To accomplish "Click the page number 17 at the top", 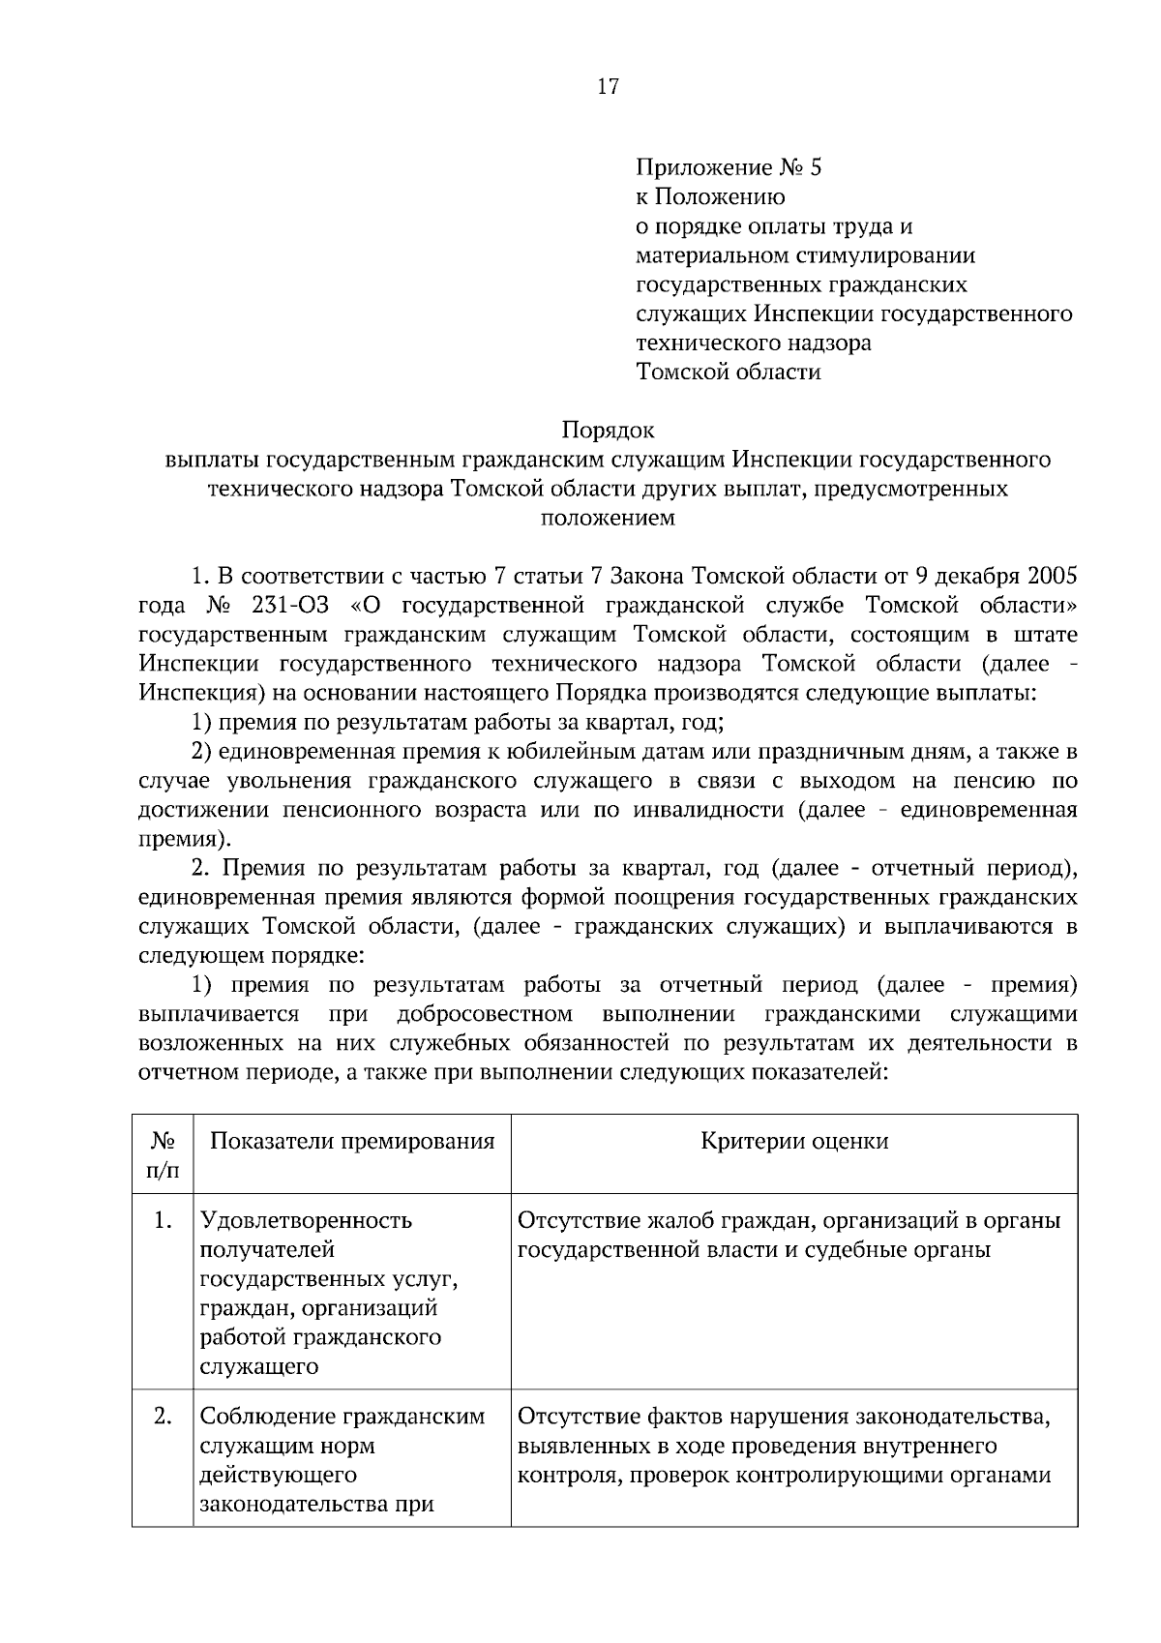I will pyautogui.click(x=608, y=87).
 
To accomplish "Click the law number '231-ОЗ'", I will pyautogui.click(x=290, y=606).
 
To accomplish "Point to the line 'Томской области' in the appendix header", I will pyautogui.click(x=728, y=372).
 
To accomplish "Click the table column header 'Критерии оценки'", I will pyautogui.click(x=793, y=1141).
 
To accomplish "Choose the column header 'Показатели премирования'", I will pyautogui.click(x=352, y=1141).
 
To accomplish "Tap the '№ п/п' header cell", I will pyautogui.click(x=163, y=1155).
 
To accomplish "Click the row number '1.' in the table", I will pyautogui.click(x=163, y=1220).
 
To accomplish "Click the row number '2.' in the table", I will pyautogui.click(x=163, y=1417).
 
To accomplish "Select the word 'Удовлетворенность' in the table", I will pyautogui.click(x=306, y=1220).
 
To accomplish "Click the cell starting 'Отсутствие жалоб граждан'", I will pyautogui.click(x=789, y=1235).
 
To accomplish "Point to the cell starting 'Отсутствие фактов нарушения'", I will pyautogui.click(x=784, y=1446).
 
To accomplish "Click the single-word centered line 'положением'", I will pyautogui.click(x=608, y=518).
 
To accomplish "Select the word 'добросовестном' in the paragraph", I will pyautogui.click(x=484, y=1014).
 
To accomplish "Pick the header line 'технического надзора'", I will pyautogui.click(x=753, y=343).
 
